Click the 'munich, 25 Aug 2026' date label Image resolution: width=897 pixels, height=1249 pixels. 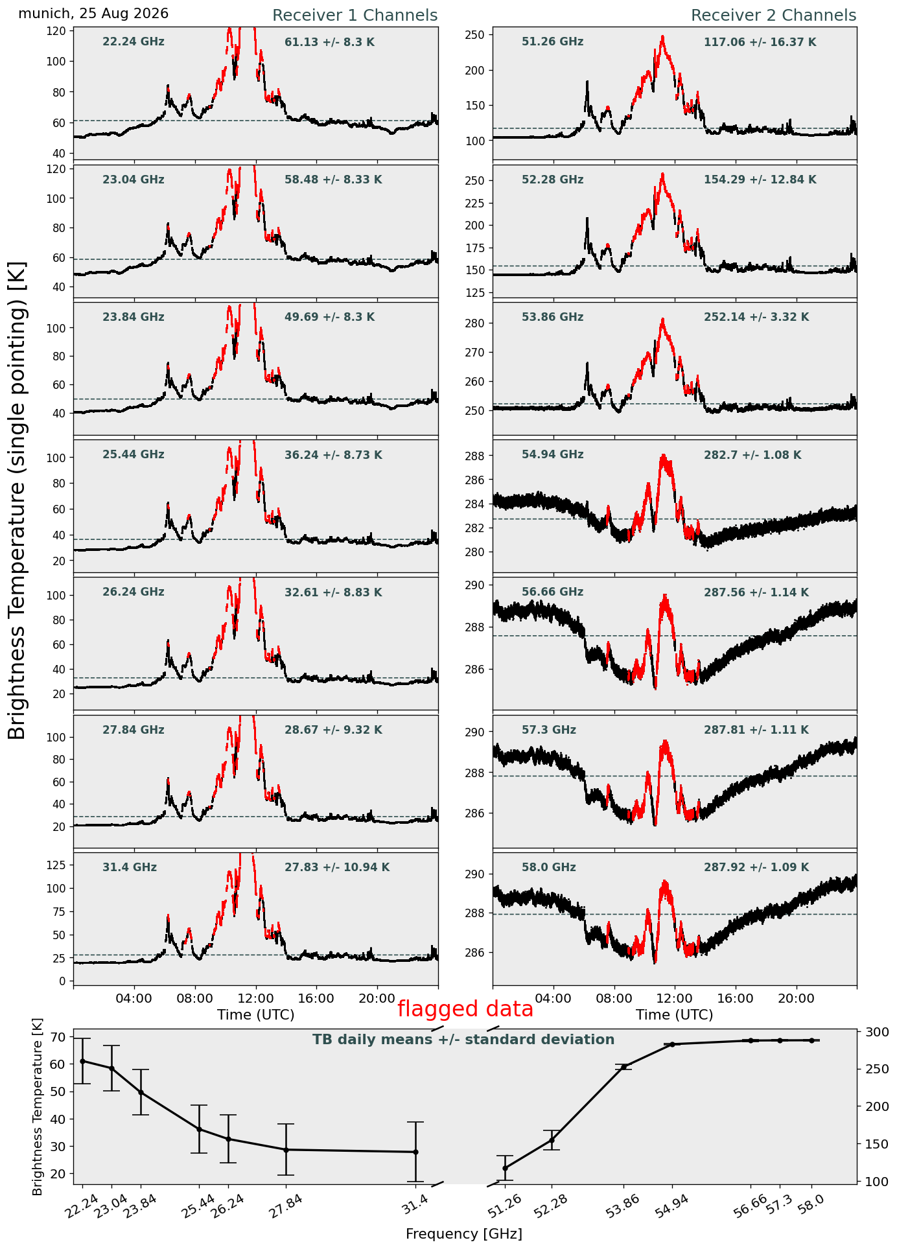(93, 14)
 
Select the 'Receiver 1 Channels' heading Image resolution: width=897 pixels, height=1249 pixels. (355, 16)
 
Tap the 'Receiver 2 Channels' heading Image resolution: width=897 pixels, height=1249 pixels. (774, 16)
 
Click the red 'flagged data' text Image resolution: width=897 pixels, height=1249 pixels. (465, 1009)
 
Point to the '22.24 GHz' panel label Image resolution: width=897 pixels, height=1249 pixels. (134, 42)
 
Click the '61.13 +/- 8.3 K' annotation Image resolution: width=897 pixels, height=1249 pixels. (329, 43)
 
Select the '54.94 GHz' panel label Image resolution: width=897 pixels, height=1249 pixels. (552, 455)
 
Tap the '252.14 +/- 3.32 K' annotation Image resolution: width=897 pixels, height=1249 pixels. (756, 318)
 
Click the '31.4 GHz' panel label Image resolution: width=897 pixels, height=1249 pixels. (130, 867)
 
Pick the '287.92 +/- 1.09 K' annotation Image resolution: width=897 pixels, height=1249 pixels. (756, 867)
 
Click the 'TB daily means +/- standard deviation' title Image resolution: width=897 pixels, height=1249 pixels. (463, 1040)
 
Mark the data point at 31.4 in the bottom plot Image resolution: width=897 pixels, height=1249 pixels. (415, 1152)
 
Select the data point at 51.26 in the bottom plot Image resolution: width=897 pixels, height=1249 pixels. (505, 1168)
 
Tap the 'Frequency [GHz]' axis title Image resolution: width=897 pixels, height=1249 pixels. (464, 1234)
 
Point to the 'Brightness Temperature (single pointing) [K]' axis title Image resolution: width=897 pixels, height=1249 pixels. (17, 500)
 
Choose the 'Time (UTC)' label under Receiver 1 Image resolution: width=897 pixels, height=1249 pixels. (256, 1015)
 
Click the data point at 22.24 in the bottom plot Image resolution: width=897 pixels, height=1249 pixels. (82, 1061)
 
